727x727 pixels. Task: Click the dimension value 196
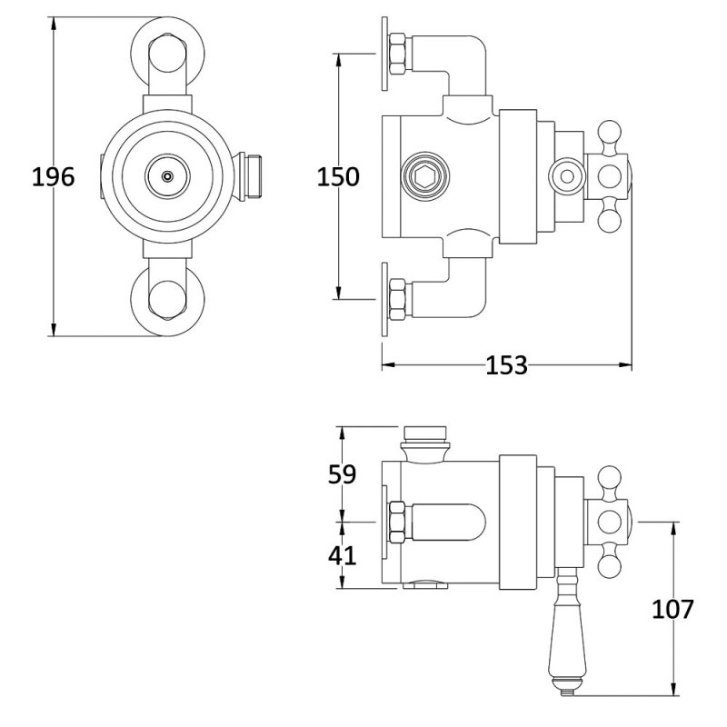point(53,176)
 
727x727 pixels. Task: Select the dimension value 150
point(338,176)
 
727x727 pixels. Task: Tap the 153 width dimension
point(506,365)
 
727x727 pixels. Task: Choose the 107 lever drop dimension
point(672,608)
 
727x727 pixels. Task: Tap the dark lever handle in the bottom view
point(565,645)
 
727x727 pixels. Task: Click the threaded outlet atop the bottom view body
point(424,440)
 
